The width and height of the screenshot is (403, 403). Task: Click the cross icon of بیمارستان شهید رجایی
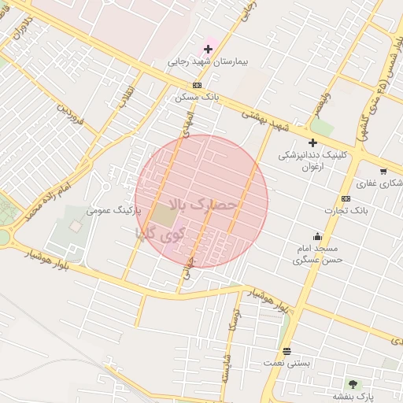tap(208, 50)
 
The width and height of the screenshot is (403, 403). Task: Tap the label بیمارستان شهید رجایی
tap(202, 62)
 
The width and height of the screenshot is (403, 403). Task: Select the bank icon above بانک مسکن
tap(196, 85)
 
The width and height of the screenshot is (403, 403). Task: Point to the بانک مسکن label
tap(196, 97)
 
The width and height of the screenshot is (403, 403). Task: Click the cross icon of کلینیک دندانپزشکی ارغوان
tap(312, 142)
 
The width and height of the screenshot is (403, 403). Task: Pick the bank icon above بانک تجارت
tap(346, 198)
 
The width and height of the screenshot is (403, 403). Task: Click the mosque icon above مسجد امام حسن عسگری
tap(317, 236)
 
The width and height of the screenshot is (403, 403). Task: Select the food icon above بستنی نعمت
tap(287, 351)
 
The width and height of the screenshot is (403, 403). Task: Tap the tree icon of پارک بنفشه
tap(352, 384)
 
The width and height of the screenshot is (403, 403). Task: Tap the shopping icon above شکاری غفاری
tap(383, 171)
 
